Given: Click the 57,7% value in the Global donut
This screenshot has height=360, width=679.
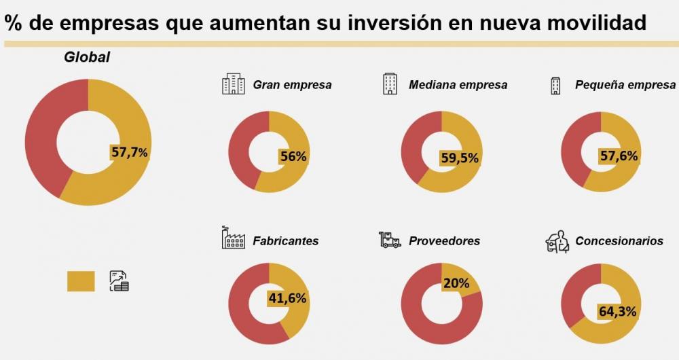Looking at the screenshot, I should click(130, 152).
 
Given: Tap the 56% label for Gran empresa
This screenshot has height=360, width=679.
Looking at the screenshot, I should click(293, 156).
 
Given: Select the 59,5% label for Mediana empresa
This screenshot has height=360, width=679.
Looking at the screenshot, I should click(460, 158).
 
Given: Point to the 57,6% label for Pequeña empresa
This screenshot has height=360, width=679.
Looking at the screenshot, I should click(619, 156).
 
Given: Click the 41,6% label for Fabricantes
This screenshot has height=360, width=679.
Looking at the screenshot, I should click(287, 298).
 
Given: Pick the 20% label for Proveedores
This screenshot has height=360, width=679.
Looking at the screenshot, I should click(456, 283).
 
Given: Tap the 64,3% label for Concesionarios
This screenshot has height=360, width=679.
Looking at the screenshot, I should click(617, 311).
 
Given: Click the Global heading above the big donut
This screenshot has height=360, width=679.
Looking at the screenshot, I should click(87, 58).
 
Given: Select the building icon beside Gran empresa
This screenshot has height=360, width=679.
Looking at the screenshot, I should click(233, 84).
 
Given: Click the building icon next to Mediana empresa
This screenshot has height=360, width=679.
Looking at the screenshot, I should click(390, 84).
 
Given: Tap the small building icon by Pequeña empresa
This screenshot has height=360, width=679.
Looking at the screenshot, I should click(555, 85).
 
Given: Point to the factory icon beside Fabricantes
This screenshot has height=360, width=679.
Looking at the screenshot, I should click(233, 238).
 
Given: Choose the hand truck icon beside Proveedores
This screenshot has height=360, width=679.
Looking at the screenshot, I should click(390, 240).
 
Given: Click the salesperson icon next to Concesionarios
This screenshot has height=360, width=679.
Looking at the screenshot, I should click(557, 241).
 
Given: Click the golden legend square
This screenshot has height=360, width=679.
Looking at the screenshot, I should click(81, 281).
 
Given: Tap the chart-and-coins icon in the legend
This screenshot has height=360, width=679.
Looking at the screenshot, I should click(119, 281).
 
